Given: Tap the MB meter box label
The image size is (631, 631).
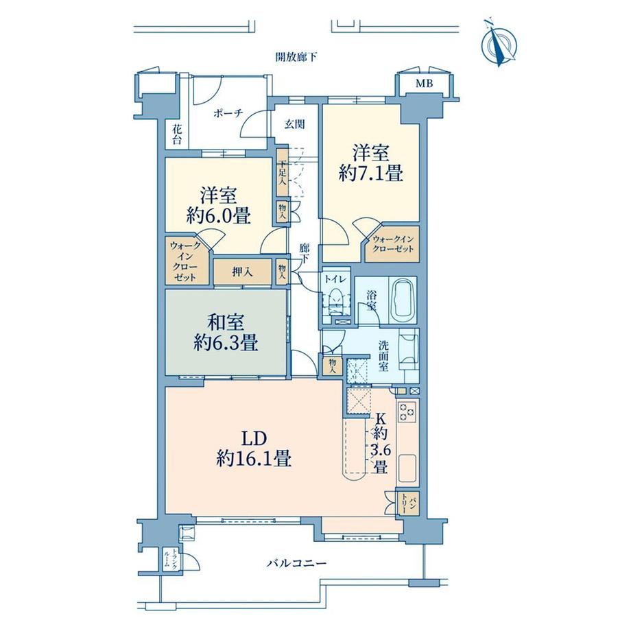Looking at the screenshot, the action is click(x=424, y=84).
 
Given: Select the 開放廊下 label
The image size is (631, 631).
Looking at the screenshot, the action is click(x=296, y=57).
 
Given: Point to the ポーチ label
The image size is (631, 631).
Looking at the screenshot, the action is click(x=228, y=113).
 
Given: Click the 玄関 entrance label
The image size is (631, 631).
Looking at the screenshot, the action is click(x=294, y=124).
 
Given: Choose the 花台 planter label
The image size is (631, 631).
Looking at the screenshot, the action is click(x=177, y=135).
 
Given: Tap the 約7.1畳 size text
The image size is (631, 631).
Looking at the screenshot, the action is click(x=370, y=174).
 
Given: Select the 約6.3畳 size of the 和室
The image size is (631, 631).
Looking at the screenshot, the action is click(x=226, y=343).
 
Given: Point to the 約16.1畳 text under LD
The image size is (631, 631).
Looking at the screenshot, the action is click(x=254, y=458).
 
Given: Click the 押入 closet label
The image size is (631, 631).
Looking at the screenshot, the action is click(x=243, y=272).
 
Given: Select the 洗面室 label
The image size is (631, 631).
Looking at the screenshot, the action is click(x=383, y=356).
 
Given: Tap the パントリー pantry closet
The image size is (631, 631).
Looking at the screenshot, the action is click(x=408, y=503).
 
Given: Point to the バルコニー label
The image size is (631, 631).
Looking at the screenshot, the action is click(x=296, y=562).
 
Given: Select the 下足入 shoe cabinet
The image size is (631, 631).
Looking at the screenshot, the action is click(x=283, y=173).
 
